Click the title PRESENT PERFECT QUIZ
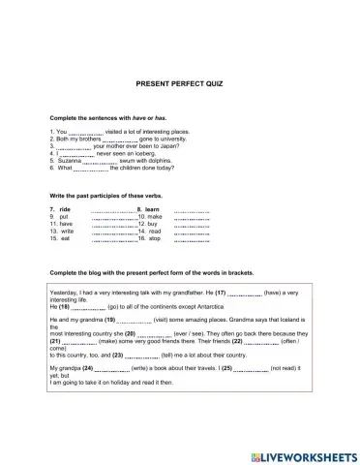click(x=179, y=84)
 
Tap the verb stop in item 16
click(x=155, y=238)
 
